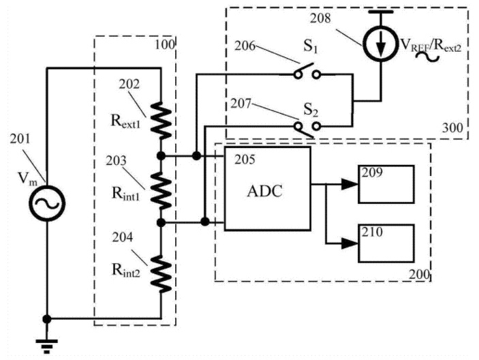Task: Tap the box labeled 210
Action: click(386, 243)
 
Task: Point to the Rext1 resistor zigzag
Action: click(161, 117)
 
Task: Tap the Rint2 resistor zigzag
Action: click(161, 271)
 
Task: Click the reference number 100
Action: click(166, 45)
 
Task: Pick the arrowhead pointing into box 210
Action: click(352, 242)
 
